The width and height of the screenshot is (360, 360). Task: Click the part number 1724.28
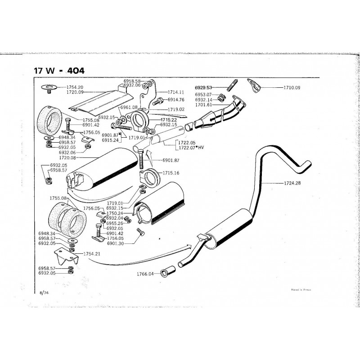coord(292,183)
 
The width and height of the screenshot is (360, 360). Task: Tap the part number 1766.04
coord(144,274)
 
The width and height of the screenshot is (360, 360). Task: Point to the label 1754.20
coord(76,86)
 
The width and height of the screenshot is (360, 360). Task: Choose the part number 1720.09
coord(76,92)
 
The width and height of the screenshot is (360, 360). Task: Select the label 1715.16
coord(171,173)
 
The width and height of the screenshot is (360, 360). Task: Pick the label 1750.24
coord(115,213)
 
